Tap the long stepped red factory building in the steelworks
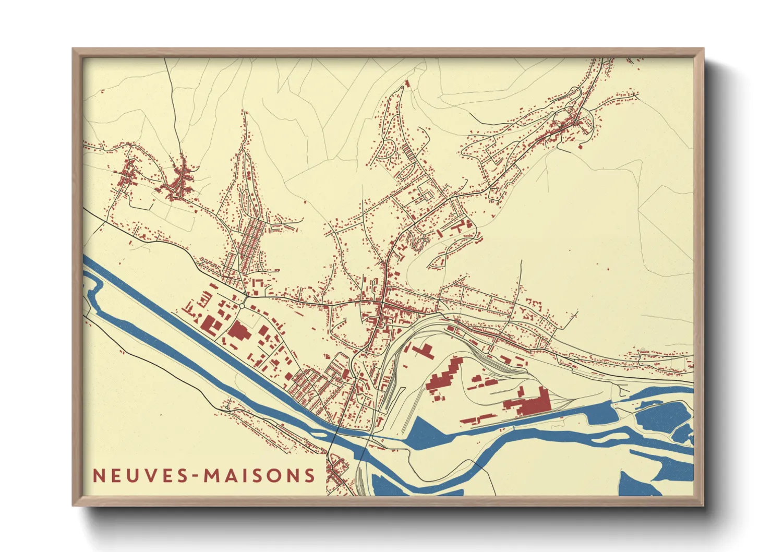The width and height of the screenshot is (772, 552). click(443, 376)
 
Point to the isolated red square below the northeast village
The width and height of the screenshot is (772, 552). click(580, 147)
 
